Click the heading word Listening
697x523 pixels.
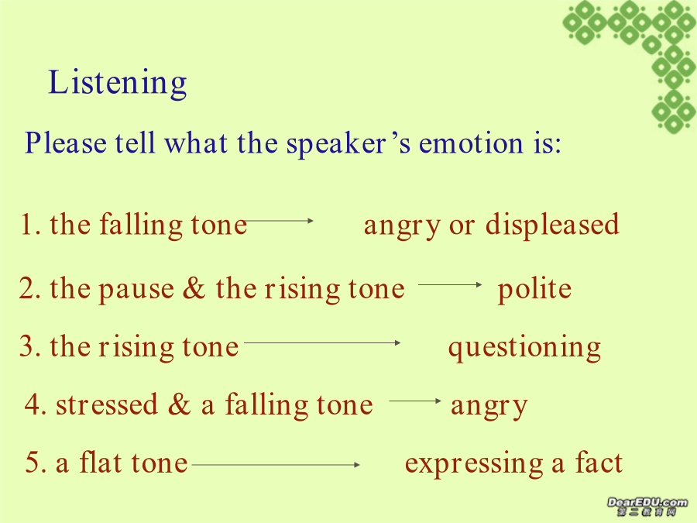click(x=118, y=83)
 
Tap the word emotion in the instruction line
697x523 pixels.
click(x=471, y=143)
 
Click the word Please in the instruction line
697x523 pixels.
click(x=65, y=143)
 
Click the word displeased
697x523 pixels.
click(x=552, y=224)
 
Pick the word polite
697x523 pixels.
click(x=534, y=289)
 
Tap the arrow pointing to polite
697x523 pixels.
click(x=450, y=284)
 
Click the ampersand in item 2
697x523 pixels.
click(x=194, y=288)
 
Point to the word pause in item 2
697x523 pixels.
click(x=136, y=291)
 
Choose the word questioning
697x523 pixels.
click(x=524, y=348)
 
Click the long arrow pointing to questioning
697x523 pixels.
click(x=322, y=343)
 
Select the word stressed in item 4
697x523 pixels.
click(x=107, y=404)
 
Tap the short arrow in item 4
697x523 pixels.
click(x=415, y=401)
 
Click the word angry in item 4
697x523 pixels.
click(x=489, y=407)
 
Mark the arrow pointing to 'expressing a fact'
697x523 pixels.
click(x=276, y=465)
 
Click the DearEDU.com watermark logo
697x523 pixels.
click(x=647, y=506)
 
